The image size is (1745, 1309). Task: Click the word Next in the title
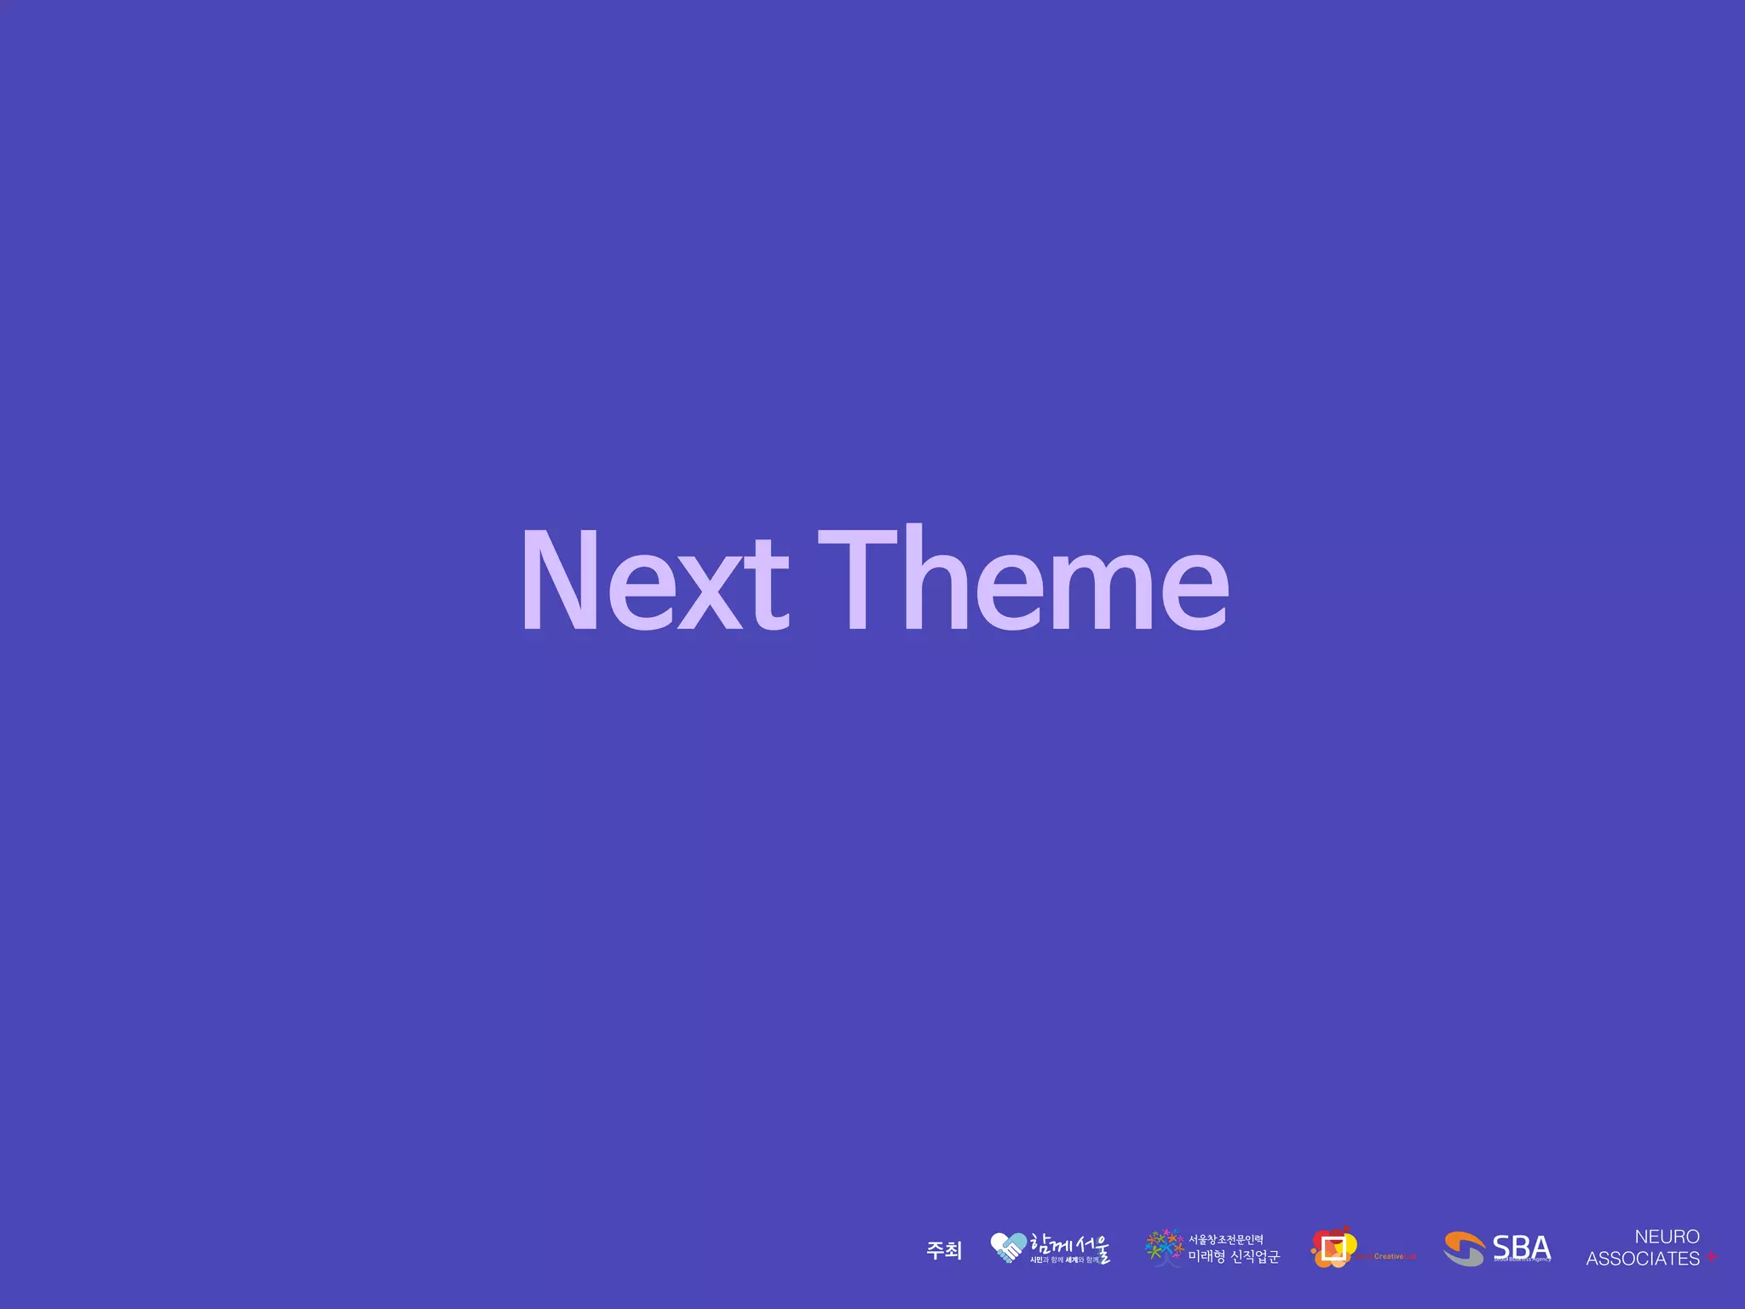pyautogui.click(x=654, y=580)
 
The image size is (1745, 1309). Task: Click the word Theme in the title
pyautogui.click(x=1022, y=580)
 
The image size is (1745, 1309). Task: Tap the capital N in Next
pyautogui.click(x=559, y=580)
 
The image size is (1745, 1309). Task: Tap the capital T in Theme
pyautogui.click(x=857, y=580)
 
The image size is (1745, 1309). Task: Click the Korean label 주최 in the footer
pyautogui.click(x=943, y=1250)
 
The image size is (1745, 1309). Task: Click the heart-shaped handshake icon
pyautogui.click(x=1008, y=1248)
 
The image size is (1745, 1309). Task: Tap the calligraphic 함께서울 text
pyautogui.click(x=1069, y=1244)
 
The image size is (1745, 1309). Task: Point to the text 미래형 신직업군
pyautogui.click(x=1233, y=1257)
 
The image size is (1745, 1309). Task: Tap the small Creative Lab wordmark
pyautogui.click(x=1389, y=1256)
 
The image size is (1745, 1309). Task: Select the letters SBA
pyautogui.click(x=1521, y=1247)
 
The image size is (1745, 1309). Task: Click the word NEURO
pyautogui.click(x=1667, y=1237)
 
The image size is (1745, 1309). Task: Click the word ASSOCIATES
pyautogui.click(x=1642, y=1259)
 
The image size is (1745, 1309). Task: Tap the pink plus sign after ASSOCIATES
pyautogui.click(x=1711, y=1258)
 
